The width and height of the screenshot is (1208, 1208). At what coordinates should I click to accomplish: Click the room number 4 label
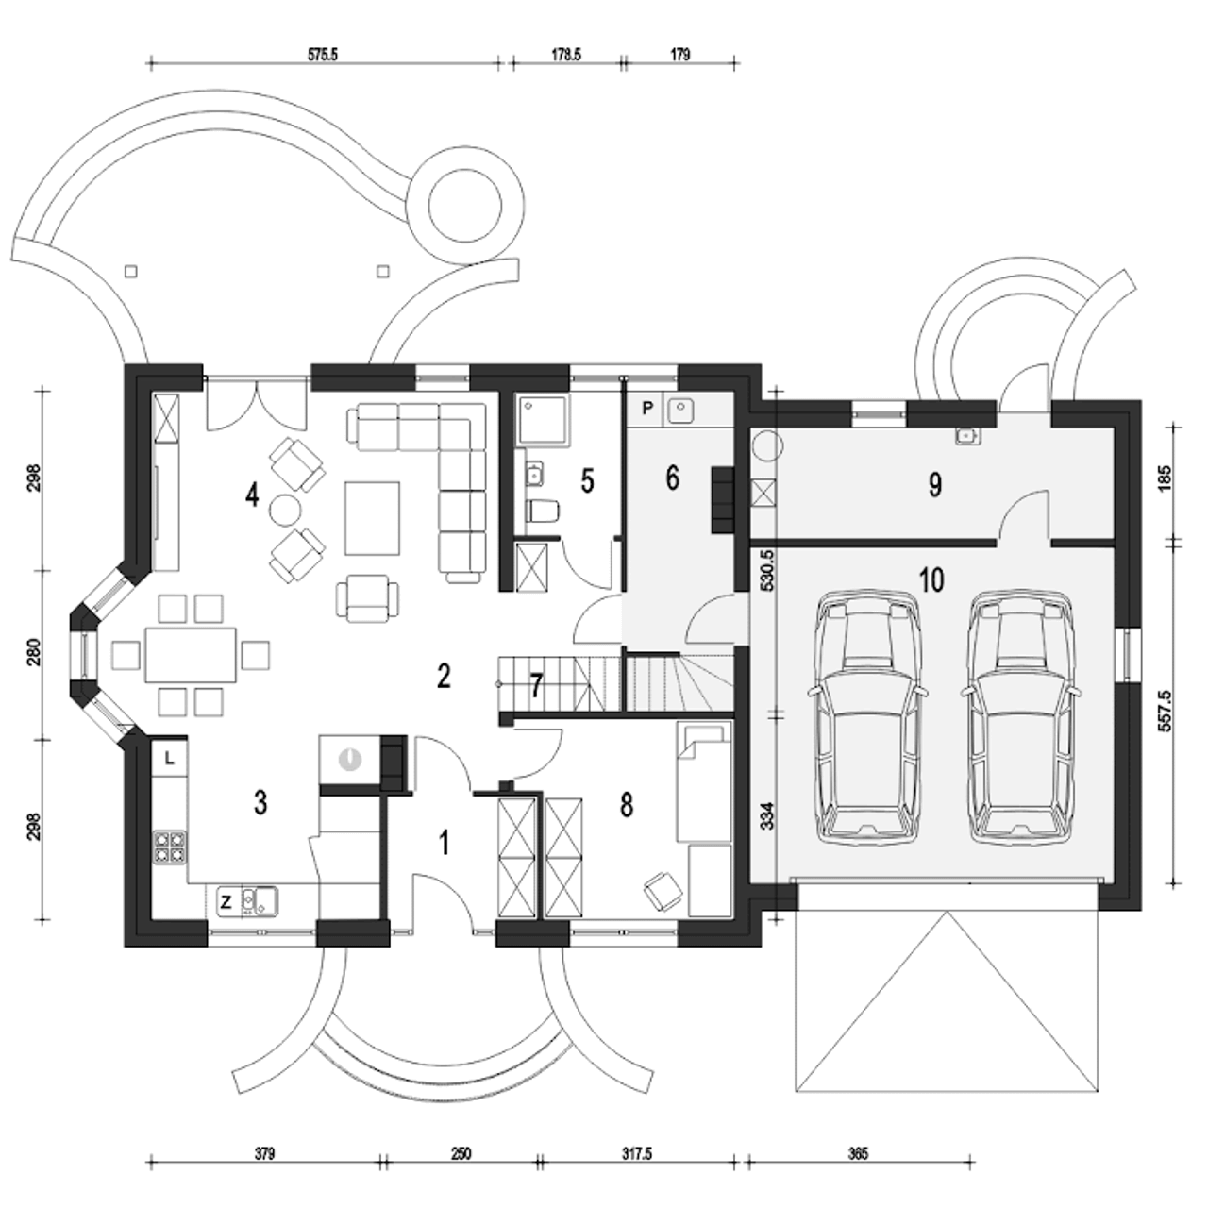[x=252, y=495]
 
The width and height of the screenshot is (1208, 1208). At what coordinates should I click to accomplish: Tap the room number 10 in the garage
[x=932, y=579]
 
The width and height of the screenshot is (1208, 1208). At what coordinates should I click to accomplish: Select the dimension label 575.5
[x=322, y=55]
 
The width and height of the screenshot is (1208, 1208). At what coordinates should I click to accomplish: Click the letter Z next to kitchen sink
[x=226, y=902]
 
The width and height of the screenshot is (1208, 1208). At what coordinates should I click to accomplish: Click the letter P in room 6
[x=648, y=409]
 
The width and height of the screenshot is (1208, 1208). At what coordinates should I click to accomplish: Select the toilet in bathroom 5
[x=543, y=511]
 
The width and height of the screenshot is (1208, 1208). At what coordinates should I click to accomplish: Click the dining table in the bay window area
[x=192, y=654]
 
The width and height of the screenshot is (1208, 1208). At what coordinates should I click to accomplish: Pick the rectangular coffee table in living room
[x=372, y=518]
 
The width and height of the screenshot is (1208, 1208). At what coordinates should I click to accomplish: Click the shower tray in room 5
[x=543, y=421]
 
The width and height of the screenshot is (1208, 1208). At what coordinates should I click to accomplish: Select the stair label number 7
[x=535, y=686]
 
